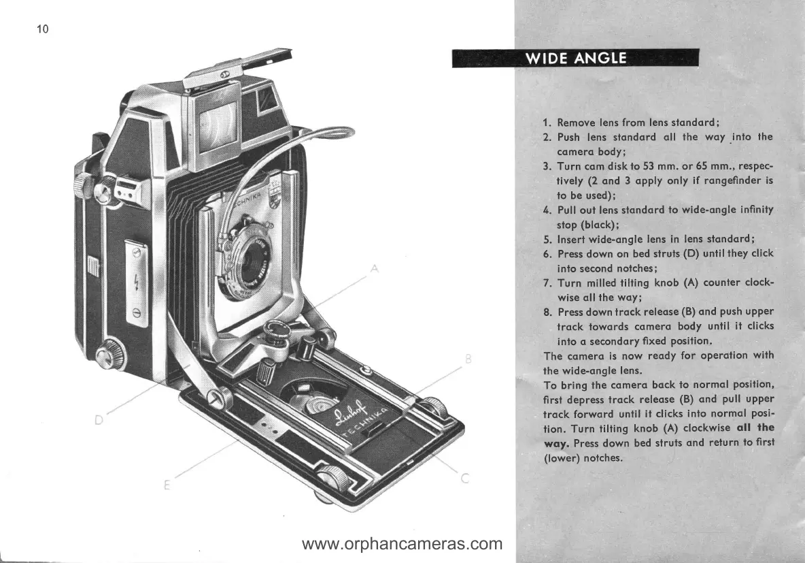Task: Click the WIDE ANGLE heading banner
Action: tap(575, 58)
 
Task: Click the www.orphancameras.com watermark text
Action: tap(402, 544)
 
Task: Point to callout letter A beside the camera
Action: tap(374, 270)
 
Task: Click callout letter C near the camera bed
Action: tap(465, 479)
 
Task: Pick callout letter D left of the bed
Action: tap(98, 419)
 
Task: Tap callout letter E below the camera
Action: tap(167, 485)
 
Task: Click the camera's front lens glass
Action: tap(259, 257)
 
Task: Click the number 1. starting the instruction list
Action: tap(547, 123)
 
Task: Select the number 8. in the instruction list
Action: tap(547, 312)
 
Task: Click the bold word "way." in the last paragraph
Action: tap(558, 443)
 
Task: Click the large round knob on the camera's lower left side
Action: tap(107, 355)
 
